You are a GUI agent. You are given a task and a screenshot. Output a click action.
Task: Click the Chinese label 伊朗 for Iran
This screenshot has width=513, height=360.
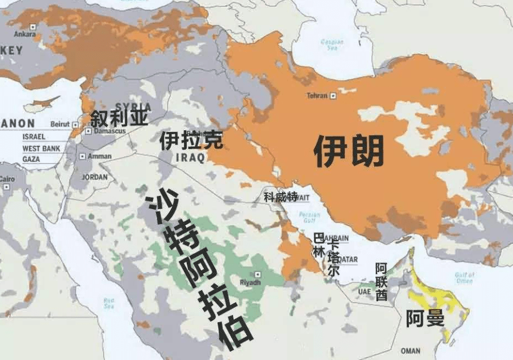point(348,151)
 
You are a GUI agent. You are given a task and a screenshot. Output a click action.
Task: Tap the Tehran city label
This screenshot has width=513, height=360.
point(317,95)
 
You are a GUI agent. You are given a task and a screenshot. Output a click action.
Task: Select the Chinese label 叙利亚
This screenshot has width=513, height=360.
point(119,118)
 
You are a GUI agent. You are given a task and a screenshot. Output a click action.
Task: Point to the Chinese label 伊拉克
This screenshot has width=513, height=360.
point(191,140)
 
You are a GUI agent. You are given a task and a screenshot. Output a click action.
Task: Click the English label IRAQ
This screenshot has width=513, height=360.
point(190,158)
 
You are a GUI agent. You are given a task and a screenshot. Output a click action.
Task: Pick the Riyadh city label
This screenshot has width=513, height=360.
point(250,282)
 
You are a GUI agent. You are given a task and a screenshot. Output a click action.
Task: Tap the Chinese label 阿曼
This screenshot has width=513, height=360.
point(425,318)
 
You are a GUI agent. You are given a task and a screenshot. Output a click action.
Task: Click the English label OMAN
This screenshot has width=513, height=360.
point(410,350)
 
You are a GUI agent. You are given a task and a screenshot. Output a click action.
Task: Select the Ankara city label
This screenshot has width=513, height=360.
point(25,34)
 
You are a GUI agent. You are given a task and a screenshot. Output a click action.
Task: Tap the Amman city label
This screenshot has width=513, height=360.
point(99,156)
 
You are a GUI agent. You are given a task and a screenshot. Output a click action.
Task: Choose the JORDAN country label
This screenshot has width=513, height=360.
point(95,177)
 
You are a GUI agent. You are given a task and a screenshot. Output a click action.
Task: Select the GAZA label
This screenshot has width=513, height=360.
point(31,159)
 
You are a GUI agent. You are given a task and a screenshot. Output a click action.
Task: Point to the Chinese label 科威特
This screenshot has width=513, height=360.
point(280,197)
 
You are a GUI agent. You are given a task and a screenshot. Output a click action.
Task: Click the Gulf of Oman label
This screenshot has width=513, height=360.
point(464,278)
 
